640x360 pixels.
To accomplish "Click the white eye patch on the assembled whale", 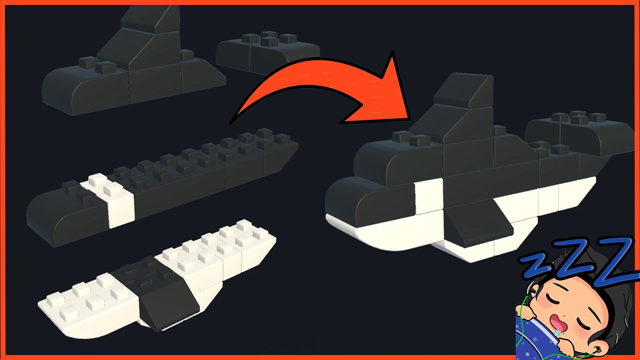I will coord(428,196).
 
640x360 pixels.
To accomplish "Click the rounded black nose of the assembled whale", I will coord(345,200).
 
